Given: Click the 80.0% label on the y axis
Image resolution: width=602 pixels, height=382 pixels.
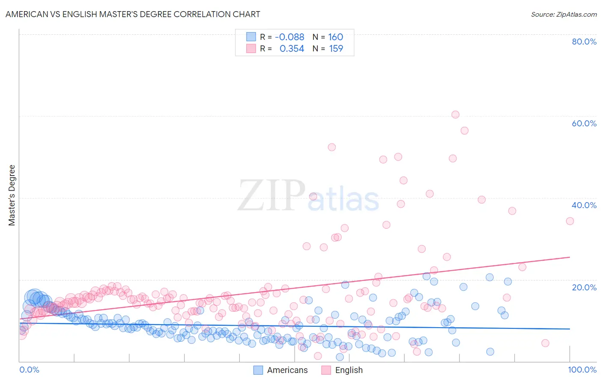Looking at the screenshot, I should click(x=584, y=42).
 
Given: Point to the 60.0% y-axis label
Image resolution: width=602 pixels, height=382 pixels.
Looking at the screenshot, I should click(x=584, y=123).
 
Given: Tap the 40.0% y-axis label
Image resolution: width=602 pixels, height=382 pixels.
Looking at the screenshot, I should click(x=584, y=205).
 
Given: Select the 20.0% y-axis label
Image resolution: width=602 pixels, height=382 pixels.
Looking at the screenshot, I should click(x=584, y=287).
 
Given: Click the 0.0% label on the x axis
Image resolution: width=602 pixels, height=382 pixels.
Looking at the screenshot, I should click(x=29, y=370).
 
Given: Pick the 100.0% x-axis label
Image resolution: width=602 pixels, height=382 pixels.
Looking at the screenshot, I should click(x=582, y=370).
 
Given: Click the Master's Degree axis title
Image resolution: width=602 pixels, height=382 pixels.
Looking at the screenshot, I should click(x=12, y=195).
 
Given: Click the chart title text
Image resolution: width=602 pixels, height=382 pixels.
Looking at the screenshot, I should click(x=133, y=14).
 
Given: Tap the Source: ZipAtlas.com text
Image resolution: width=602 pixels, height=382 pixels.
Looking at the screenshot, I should click(x=563, y=14).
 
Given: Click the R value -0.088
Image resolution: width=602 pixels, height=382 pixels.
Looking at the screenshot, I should click(x=289, y=37).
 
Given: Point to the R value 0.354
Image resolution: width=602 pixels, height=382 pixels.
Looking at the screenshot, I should click(x=292, y=48).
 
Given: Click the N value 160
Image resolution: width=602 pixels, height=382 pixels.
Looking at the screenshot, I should click(x=336, y=37).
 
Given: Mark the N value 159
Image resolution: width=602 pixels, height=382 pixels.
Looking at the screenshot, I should click(x=336, y=48).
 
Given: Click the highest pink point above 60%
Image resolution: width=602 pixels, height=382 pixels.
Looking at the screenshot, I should click(x=455, y=114).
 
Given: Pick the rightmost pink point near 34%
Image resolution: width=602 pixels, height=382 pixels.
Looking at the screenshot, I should click(x=570, y=221).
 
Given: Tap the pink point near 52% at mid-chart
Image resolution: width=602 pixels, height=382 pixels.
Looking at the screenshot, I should click(x=332, y=147).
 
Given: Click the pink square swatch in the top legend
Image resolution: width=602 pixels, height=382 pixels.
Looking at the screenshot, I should click(x=251, y=48).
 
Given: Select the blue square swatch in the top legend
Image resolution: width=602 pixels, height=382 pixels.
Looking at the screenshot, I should click(x=251, y=37).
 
